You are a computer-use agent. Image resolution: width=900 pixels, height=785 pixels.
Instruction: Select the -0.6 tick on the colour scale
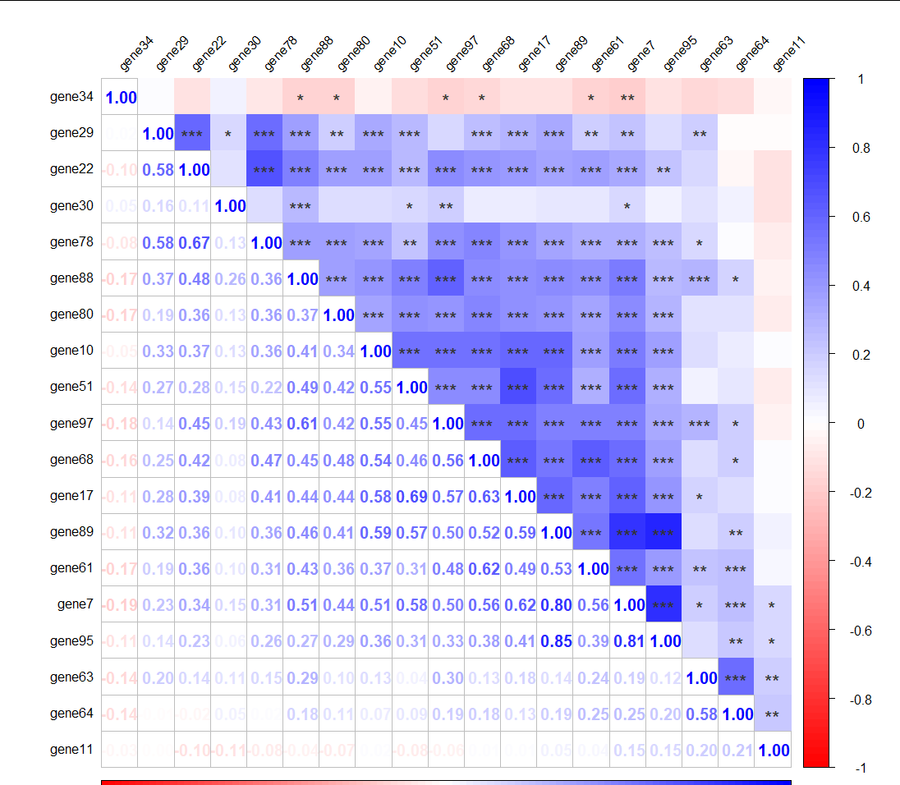858,631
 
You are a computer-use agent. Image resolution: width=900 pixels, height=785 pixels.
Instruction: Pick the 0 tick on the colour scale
860,424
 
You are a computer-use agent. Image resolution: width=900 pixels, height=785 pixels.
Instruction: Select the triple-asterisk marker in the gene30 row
301,206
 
